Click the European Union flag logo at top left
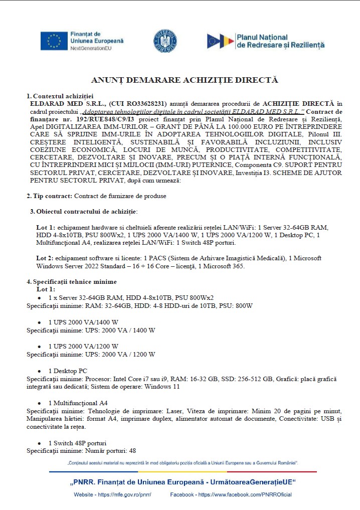[x=54, y=41]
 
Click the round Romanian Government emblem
[x=165, y=41]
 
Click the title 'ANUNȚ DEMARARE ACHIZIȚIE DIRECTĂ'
[x=184, y=80]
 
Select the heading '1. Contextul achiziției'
[x=60, y=96]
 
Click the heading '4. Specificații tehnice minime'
[x=72, y=282]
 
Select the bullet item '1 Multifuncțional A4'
[x=78, y=403]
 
